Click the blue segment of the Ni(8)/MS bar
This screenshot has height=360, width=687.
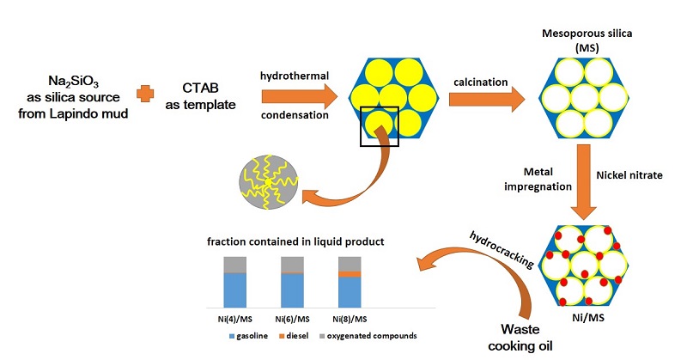pyautogui.click(x=350, y=292)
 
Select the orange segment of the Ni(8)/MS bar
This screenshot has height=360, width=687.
pyautogui.click(x=350, y=274)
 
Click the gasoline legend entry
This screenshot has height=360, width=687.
pyautogui.click(x=248, y=336)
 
